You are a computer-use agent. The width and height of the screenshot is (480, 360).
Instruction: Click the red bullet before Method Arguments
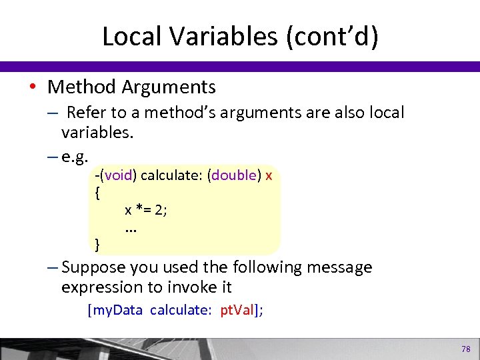pyautogui.click(x=33, y=87)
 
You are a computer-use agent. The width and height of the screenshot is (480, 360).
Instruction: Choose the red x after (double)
pyautogui.click(x=269, y=176)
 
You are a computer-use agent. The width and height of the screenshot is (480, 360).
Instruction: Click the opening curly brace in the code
pyautogui.click(x=98, y=193)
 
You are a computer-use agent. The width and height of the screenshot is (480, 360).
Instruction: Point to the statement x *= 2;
pyautogui.click(x=146, y=211)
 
